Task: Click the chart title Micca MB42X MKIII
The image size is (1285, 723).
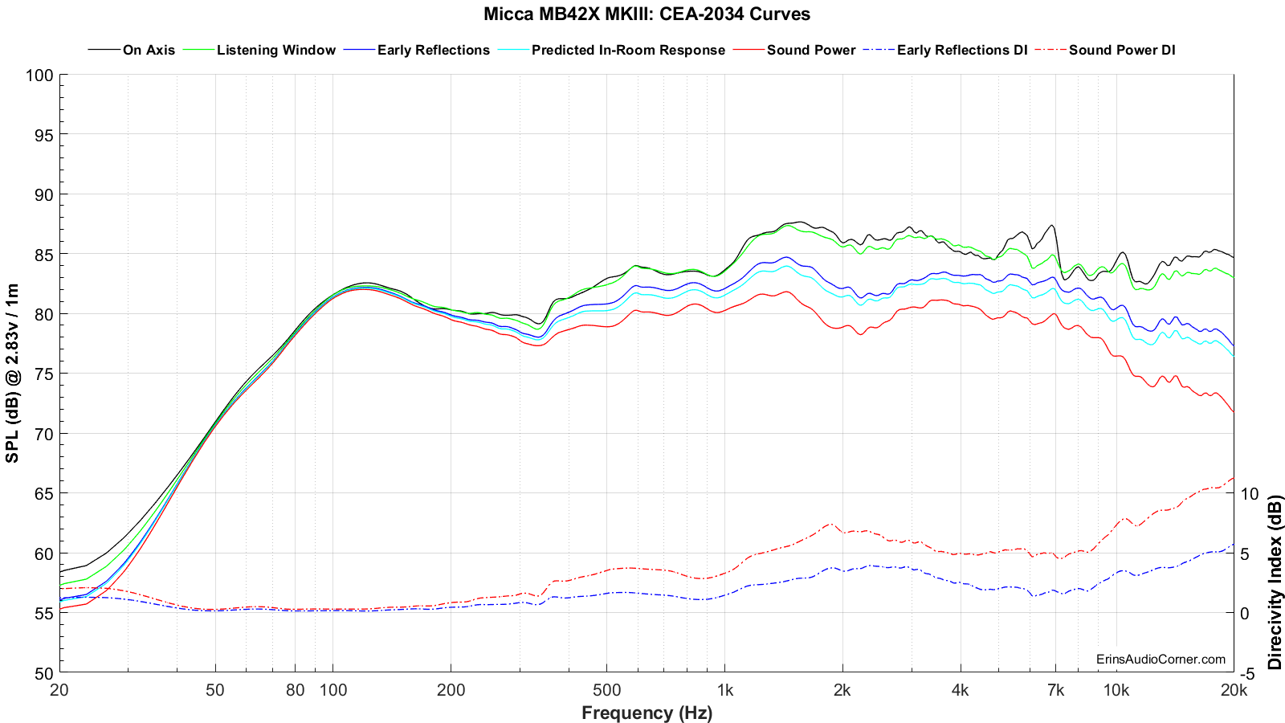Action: click(x=647, y=14)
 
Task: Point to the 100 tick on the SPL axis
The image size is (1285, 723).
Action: click(x=39, y=76)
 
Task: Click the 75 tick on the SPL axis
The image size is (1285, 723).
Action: click(x=44, y=374)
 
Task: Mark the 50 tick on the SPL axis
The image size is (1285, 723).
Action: click(x=44, y=673)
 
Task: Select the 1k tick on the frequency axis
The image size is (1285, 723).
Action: click(x=724, y=690)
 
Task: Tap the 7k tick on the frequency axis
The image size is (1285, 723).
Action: click(x=1055, y=690)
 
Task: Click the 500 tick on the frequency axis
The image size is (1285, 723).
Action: click(x=606, y=690)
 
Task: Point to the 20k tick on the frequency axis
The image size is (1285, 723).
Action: click(x=1233, y=690)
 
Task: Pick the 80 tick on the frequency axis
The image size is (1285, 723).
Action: click(x=295, y=690)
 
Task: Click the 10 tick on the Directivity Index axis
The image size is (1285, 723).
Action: click(x=1250, y=493)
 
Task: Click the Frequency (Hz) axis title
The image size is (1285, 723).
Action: click(x=647, y=713)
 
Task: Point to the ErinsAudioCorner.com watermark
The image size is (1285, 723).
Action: click(x=1161, y=660)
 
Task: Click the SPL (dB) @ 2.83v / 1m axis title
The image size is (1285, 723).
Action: click(x=13, y=374)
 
